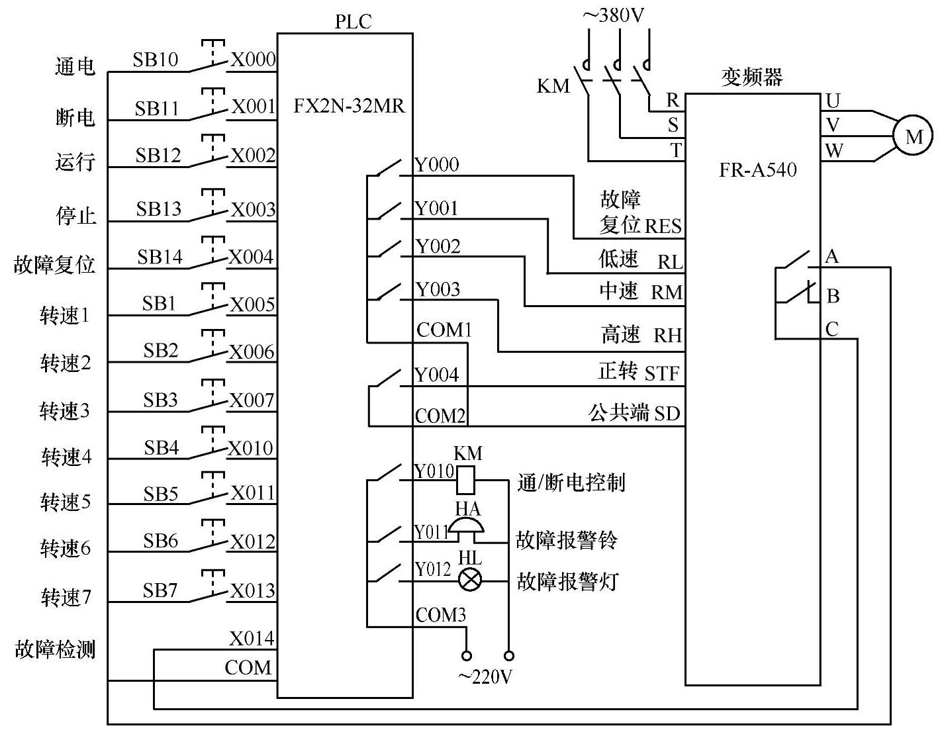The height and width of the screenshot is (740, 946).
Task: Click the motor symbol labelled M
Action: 913,136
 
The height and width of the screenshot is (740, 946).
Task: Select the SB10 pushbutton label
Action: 155,60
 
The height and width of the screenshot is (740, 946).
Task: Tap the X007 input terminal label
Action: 252,400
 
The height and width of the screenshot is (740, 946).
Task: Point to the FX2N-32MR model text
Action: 349,106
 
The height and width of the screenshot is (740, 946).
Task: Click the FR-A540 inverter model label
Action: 757,170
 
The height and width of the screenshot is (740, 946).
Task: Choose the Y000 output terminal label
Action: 437,165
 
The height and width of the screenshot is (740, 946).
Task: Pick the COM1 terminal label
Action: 444,330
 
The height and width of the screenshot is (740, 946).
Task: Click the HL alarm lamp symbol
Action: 470,580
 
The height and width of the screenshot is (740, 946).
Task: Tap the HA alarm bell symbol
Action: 468,526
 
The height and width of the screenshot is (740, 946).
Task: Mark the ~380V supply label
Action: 613,16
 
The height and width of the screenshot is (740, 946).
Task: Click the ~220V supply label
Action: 486,677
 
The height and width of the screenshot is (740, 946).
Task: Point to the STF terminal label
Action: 662,374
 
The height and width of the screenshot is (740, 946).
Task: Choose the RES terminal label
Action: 663,227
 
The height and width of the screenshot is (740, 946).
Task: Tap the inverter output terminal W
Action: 834,151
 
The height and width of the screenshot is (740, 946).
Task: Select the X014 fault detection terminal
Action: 252,639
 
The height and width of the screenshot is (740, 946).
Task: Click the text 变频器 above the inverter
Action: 752,77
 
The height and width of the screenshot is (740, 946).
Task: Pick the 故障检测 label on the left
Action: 55,649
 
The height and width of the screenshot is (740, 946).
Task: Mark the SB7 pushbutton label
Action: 160,590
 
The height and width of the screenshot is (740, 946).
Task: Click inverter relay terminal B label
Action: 833,296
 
